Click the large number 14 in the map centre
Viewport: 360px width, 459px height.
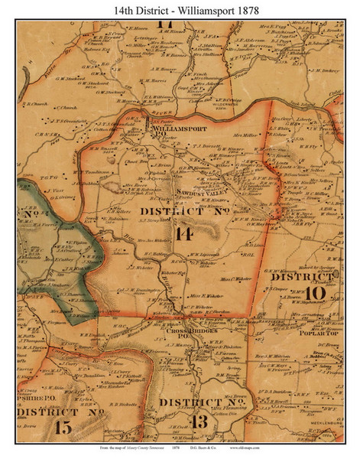tap(183, 235)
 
